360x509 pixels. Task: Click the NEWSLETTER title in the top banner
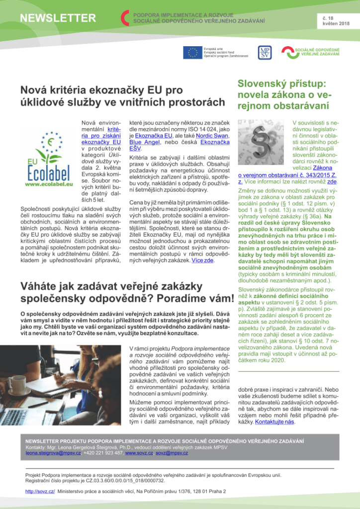point(58,18)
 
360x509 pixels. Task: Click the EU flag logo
point(192,52)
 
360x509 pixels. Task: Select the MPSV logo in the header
point(264,52)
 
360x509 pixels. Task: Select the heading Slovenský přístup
point(281,84)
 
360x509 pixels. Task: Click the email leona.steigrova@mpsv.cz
point(53,453)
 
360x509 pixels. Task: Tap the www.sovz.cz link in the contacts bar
point(138,453)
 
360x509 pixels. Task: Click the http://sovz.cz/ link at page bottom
point(40,491)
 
